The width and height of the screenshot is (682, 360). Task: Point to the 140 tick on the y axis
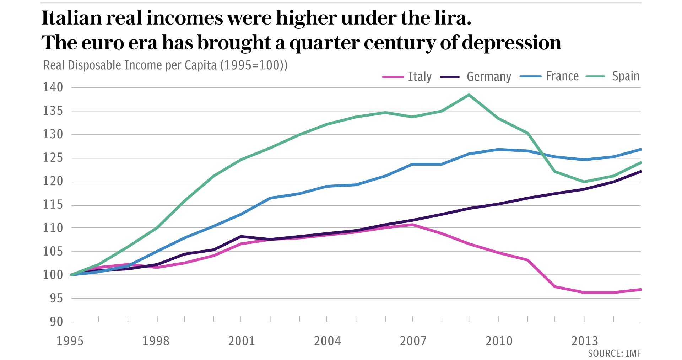tap(53, 87)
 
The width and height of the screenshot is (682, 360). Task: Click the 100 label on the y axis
tap(53, 275)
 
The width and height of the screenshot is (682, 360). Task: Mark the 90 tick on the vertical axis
tap(56, 322)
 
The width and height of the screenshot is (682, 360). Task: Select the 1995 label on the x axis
tap(70, 341)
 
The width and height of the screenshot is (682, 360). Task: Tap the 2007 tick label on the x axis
tap(413, 341)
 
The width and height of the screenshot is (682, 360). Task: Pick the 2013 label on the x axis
tap(585, 341)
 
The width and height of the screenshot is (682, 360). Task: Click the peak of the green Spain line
tap(469, 95)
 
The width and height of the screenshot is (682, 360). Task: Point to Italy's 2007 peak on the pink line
tap(413, 225)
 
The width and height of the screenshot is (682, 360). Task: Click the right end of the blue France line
tap(640, 150)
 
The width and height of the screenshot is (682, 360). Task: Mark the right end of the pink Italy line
tap(640, 290)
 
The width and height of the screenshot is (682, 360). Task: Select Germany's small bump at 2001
tap(241, 236)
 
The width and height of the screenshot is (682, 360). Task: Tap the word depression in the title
tap(511, 43)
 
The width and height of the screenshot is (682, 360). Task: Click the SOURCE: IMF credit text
tap(615, 354)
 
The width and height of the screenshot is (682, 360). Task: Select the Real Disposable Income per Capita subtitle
tap(165, 65)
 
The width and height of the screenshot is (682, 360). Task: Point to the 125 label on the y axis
tap(53, 158)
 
